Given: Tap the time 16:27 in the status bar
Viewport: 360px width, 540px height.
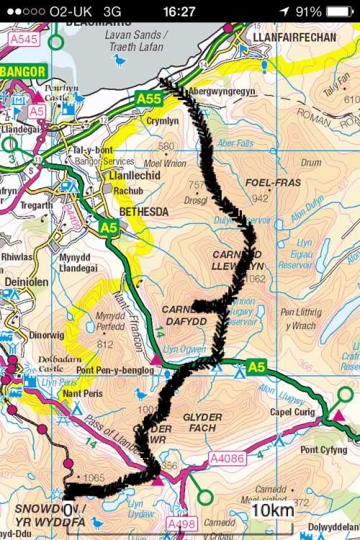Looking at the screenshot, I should click(179, 12).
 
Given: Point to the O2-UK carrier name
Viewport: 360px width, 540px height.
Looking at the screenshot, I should click(71, 12).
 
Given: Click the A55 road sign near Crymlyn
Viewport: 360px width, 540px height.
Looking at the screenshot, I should click(150, 100).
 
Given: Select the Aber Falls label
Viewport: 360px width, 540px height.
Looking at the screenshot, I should click(235, 143).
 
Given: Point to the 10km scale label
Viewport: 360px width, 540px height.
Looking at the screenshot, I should click(273, 511).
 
